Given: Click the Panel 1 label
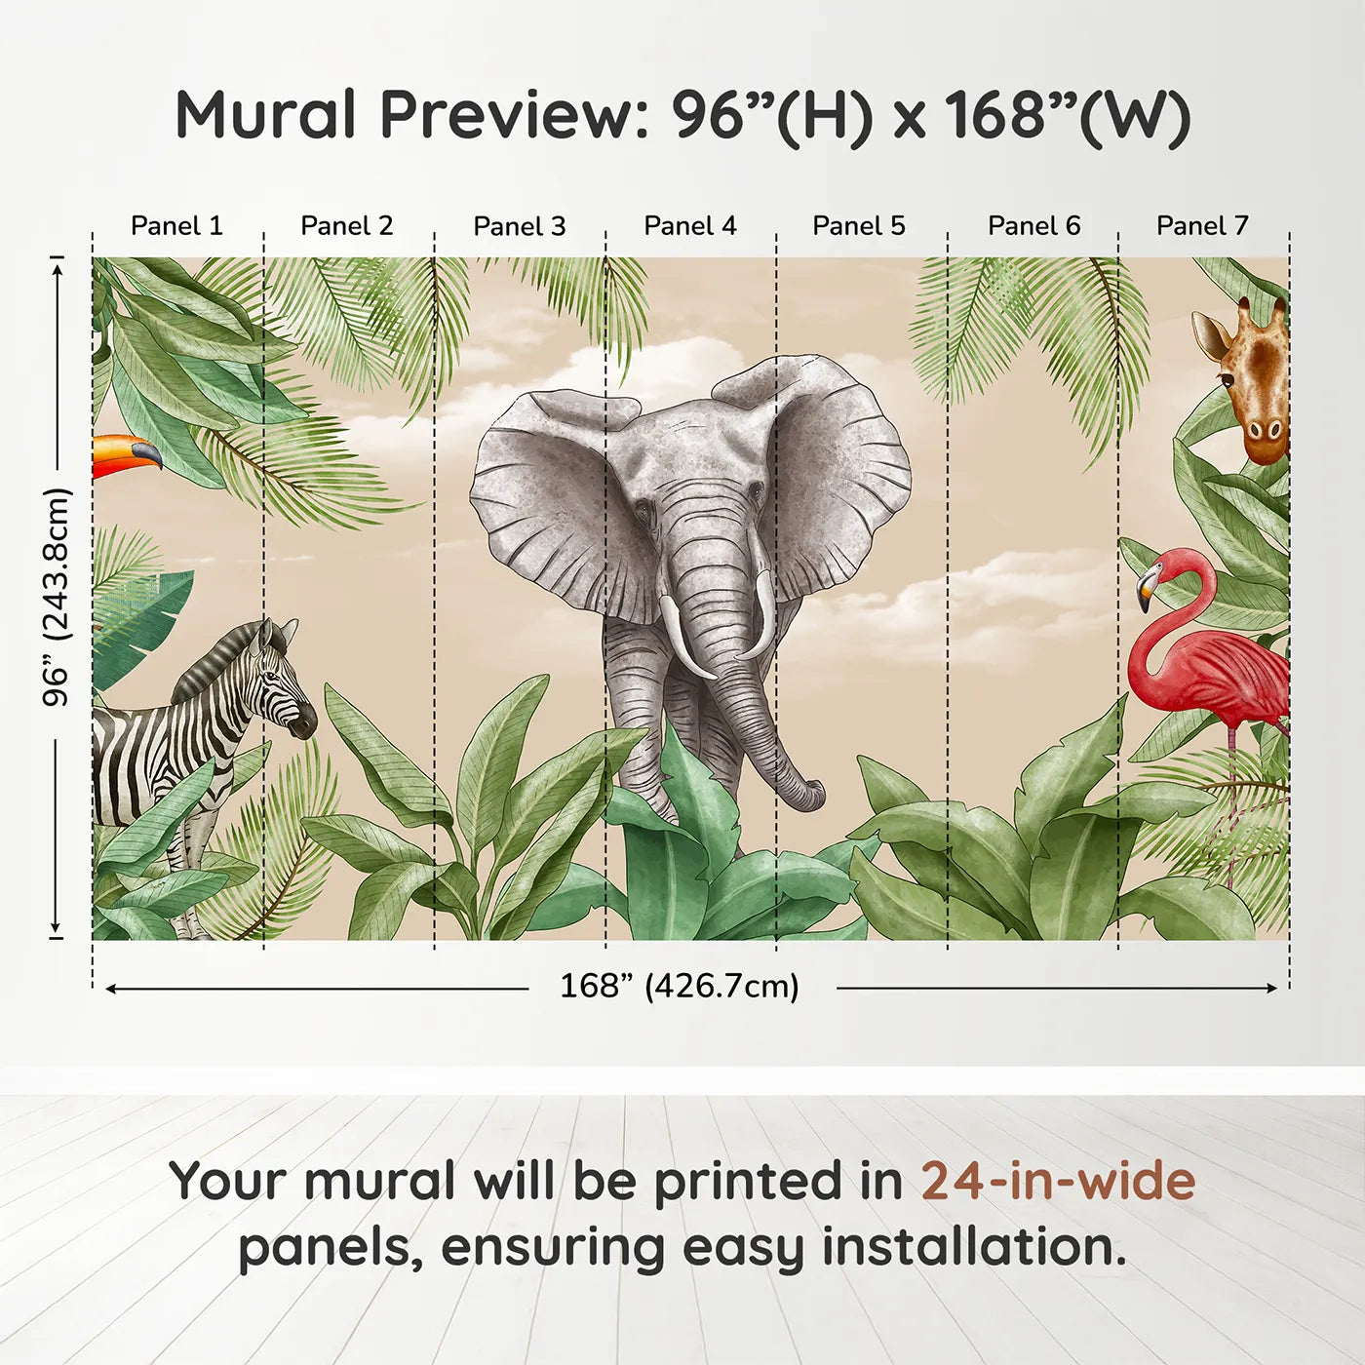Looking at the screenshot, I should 176,225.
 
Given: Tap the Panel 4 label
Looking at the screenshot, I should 689,225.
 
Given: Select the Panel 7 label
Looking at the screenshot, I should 1201,225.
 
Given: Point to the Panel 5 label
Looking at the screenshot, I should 858,225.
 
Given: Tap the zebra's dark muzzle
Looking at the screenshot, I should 303,722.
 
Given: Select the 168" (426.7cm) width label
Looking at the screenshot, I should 680,986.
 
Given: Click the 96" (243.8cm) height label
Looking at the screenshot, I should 57,597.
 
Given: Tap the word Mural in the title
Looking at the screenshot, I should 266,115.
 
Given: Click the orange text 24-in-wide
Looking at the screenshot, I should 1058,1181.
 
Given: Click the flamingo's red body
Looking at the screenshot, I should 1219,673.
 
